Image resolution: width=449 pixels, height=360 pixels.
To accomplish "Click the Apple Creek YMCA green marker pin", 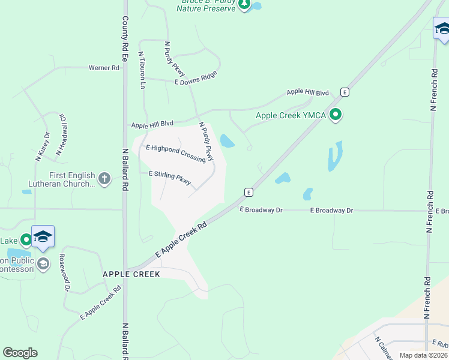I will tap(336, 114).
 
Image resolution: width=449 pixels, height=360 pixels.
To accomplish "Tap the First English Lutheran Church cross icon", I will tap(104, 178).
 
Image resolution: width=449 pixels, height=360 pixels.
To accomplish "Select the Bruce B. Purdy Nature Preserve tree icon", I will tap(244, 4).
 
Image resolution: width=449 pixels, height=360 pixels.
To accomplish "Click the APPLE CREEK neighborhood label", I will tap(131, 274).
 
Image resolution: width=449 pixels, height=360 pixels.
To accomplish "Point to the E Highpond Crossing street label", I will tap(175, 153).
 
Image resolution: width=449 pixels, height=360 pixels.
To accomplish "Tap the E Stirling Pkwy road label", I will tap(170, 178).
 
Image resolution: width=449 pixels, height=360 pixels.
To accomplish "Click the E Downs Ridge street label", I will tap(195, 77).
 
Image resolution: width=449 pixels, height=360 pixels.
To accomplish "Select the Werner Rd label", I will tap(104, 68).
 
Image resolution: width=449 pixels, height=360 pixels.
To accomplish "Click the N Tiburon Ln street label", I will tap(142, 70).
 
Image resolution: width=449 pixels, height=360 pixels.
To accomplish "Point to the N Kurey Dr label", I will tap(42, 146).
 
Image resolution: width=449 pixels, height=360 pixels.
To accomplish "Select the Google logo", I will tap(20, 353).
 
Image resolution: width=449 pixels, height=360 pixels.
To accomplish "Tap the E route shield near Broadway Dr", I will tap(248, 192).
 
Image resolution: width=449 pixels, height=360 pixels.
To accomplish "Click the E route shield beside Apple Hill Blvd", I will tap(345, 92).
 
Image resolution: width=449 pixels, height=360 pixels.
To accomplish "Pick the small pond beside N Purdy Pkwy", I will tap(228, 141).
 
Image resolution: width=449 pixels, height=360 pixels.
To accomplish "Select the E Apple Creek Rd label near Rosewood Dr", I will tap(100, 302).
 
